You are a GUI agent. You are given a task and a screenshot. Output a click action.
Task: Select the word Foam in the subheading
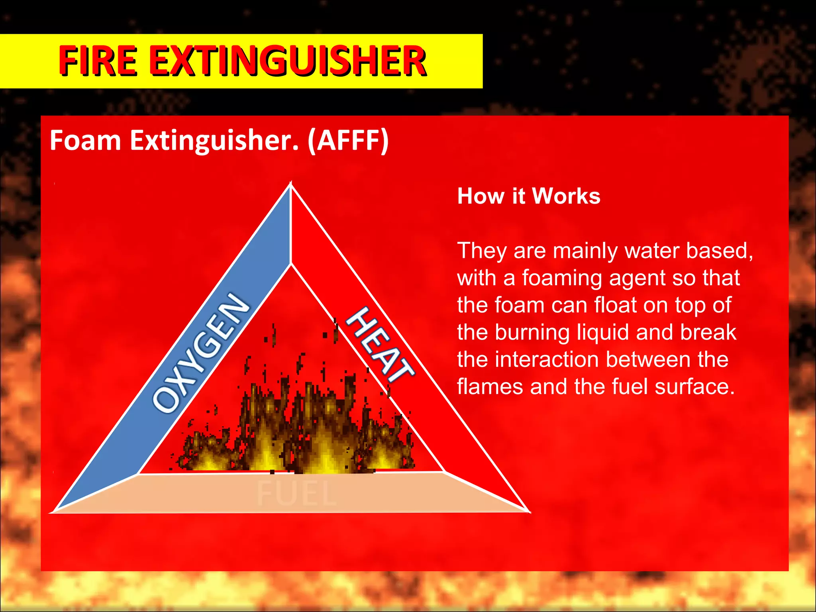pos(85,141)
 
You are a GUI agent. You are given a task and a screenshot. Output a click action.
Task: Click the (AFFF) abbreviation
pos(348,141)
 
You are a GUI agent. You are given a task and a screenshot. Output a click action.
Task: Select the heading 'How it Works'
pos(529,196)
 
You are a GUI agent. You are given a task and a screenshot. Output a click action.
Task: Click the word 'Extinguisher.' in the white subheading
pos(214,141)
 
